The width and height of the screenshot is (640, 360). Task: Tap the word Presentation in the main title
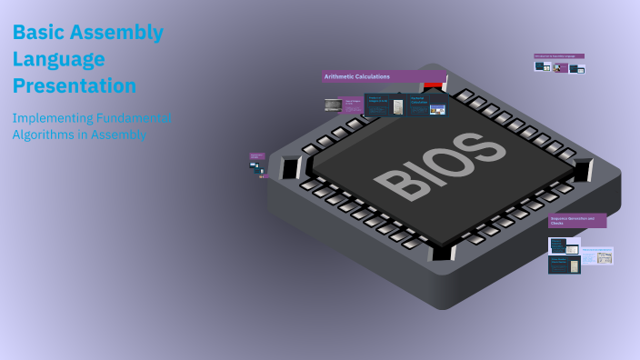tap(75, 86)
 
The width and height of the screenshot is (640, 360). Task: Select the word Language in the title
tap(59, 60)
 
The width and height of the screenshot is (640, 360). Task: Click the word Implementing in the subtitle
tap(53, 118)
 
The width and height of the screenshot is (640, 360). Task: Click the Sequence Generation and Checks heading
tap(576, 221)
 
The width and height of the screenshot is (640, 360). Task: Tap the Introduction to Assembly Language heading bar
tap(559, 56)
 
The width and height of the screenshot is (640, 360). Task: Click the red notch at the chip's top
tap(435, 85)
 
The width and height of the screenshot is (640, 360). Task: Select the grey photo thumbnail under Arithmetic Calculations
tap(333, 105)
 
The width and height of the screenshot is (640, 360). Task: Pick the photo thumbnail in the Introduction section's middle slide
tap(562, 68)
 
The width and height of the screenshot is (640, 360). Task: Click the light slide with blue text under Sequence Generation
tap(597, 256)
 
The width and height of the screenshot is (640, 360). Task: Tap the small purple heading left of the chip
tap(257, 155)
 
